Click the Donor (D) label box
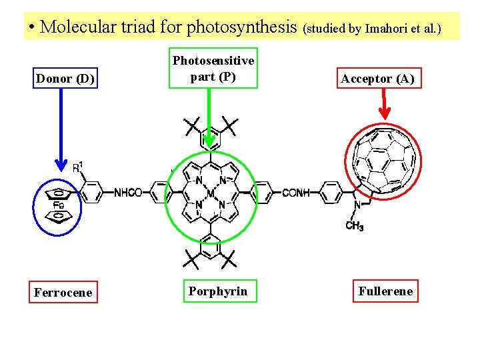click(65, 79)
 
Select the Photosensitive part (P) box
click(213, 68)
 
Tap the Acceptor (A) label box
click(377, 79)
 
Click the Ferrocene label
click(63, 292)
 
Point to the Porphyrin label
click(217, 291)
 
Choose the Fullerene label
click(385, 291)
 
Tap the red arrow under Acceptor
click(385, 106)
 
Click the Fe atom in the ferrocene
click(59, 206)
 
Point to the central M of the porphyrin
click(211, 193)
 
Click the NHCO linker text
click(128, 193)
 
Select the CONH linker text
click(296, 193)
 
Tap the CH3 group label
click(355, 227)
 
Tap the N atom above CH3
click(357, 205)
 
